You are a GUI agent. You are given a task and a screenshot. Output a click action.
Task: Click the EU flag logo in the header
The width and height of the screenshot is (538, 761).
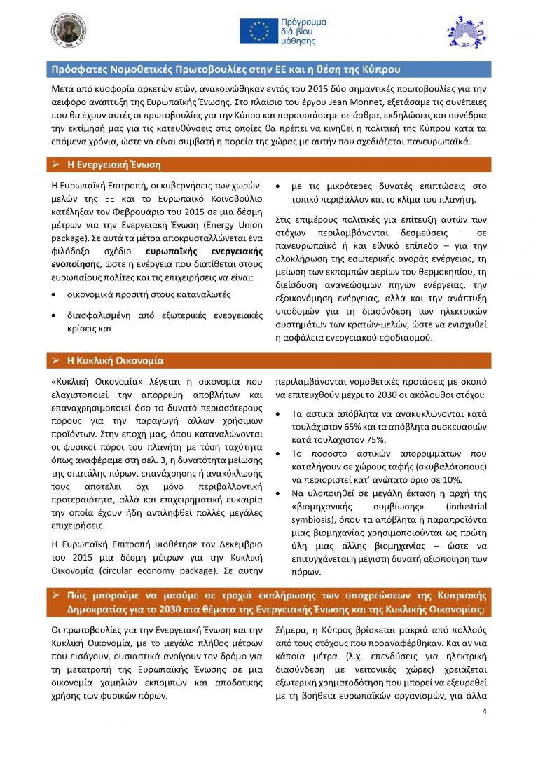pyautogui.click(x=258, y=30)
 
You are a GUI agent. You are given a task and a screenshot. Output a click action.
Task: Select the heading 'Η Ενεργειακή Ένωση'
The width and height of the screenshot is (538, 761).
pyautogui.click(x=113, y=165)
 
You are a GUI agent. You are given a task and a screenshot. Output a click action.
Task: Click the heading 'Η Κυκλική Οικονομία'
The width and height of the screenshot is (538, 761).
pyautogui.click(x=115, y=361)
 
